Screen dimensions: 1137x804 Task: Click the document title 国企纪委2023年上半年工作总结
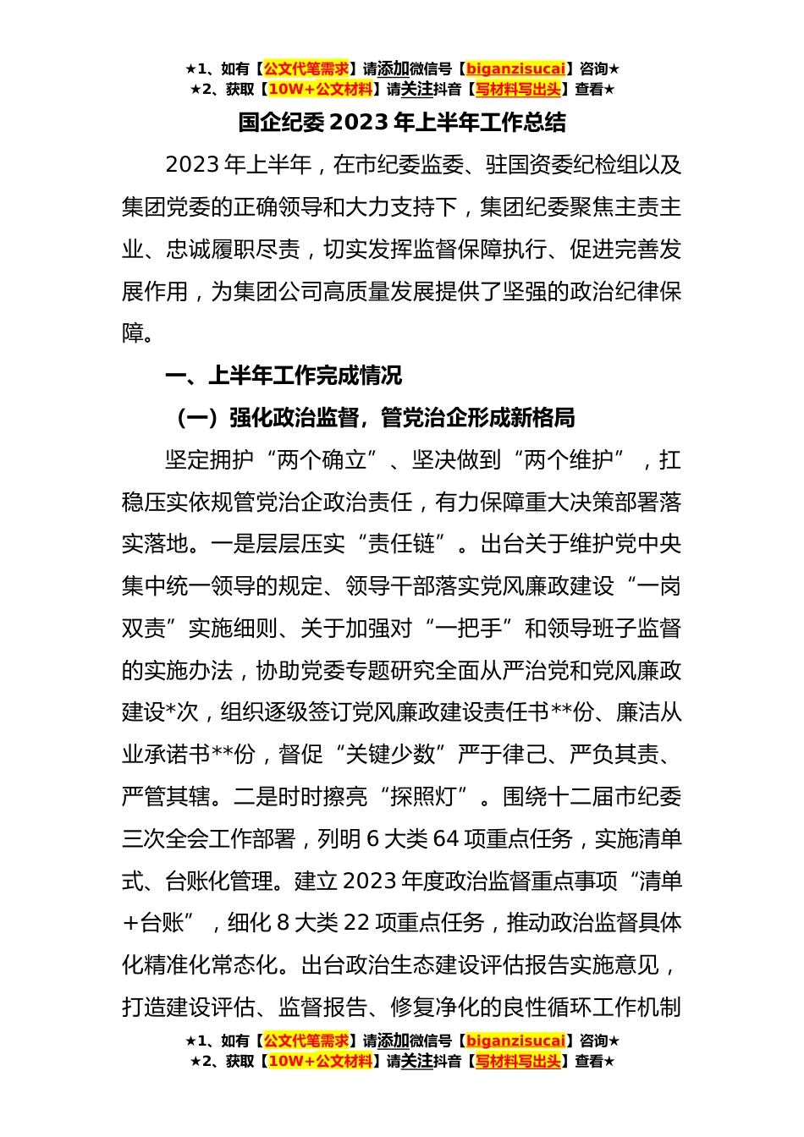402,124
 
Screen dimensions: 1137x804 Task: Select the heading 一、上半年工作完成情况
284,376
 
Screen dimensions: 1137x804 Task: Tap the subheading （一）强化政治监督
373,418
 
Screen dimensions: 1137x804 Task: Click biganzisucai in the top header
515,69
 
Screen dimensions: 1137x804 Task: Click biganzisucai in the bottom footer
515,1041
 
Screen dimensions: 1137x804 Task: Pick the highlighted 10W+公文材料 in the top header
320,90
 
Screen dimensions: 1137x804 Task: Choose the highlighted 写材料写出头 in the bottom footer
518,1062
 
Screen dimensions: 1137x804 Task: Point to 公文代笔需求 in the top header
306,69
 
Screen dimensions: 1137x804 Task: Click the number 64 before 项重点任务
445,839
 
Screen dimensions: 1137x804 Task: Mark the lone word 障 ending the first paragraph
133,333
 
